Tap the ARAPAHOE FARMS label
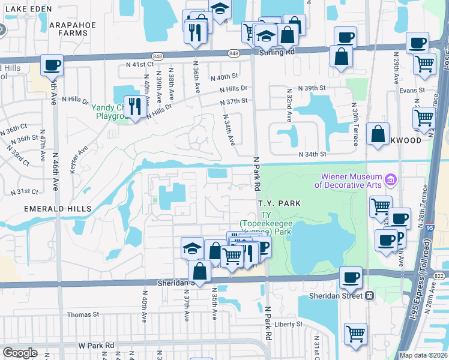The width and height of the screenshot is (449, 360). coord(73,29)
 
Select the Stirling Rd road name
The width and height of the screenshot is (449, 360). coord(277,52)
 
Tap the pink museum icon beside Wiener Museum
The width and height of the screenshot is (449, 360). coord(391,179)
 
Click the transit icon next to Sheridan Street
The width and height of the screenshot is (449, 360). coord(370,295)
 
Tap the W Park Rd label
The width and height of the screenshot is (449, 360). coord(96,346)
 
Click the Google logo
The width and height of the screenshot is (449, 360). coord(20,353)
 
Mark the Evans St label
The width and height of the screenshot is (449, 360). coord(413,91)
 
